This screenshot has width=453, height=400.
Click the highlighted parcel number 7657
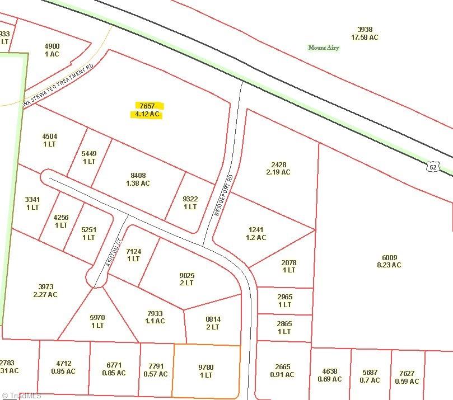[x=147, y=106]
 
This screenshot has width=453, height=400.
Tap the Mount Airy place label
[x=324, y=48]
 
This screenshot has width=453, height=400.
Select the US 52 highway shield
[x=431, y=166]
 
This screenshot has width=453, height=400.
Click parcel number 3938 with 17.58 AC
[x=365, y=30]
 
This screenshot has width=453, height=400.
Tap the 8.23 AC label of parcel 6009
[x=389, y=265]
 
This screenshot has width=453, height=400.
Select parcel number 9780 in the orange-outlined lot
[x=206, y=367]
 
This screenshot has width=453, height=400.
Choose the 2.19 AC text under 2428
[x=278, y=172]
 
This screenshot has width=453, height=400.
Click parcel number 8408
[x=138, y=175]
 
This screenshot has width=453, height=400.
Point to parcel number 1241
[x=256, y=229]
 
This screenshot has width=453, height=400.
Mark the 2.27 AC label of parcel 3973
[x=45, y=294]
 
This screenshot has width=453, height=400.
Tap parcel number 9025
[x=186, y=275]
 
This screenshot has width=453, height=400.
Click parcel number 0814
[x=212, y=319]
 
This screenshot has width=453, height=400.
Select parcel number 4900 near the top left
[x=52, y=46]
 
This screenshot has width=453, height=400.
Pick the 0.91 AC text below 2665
[x=283, y=375]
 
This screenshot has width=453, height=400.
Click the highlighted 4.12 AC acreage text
[x=147, y=114]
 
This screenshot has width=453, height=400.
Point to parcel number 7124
[x=133, y=251]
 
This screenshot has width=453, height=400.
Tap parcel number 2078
[x=288, y=262]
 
